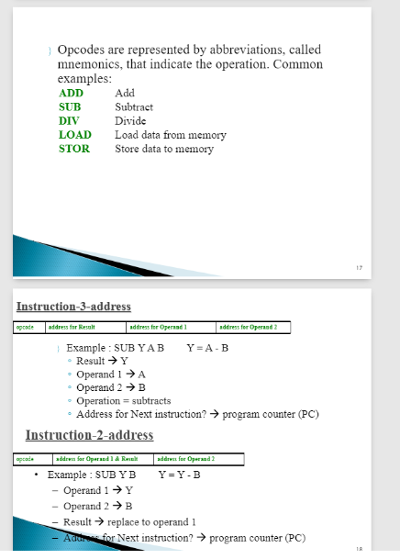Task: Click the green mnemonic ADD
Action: pyautogui.click(x=71, y=94)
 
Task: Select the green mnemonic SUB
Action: pyautogui.click(x=70, y=107)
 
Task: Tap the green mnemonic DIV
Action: pyautogui.click(x=69, y=121)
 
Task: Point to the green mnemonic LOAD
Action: pyautogui.click(x=74, y=135)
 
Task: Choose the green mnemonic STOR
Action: pyautogui.click(x=73, y=149)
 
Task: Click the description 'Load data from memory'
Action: pyautogui.click(x=170, y=135)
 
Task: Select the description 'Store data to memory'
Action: pyautogui.click(x=163, y=149)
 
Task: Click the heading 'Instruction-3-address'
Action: pyautogui.click(x=74, y=306)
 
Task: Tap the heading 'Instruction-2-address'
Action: pyautogui.click(x=89, y=434)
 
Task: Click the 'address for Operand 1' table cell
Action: pyautogui.click(x=160, y=327)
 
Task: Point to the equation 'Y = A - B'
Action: pyautogui.click(x=207, y=349)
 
